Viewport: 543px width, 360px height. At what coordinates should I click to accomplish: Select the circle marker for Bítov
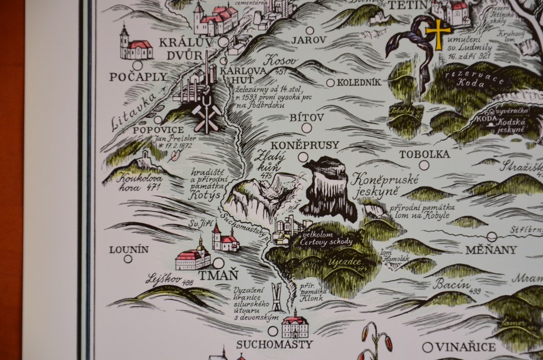click(x=306, y=128)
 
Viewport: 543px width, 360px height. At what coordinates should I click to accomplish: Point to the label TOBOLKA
click(x=424, y=154)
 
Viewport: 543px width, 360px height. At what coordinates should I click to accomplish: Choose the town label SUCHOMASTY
click(x=274, y=345)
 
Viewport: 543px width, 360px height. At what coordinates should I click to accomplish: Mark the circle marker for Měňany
click(x=491, y=236)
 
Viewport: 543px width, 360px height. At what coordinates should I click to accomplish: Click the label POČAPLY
click(x=138, y=77)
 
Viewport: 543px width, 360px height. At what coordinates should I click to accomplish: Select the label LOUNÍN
click(x=129, y=249)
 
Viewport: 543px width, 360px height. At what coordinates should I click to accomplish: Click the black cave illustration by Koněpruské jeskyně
click(x=326, y=189)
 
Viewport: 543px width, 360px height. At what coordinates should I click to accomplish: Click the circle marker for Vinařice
click(x=428, y=347)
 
